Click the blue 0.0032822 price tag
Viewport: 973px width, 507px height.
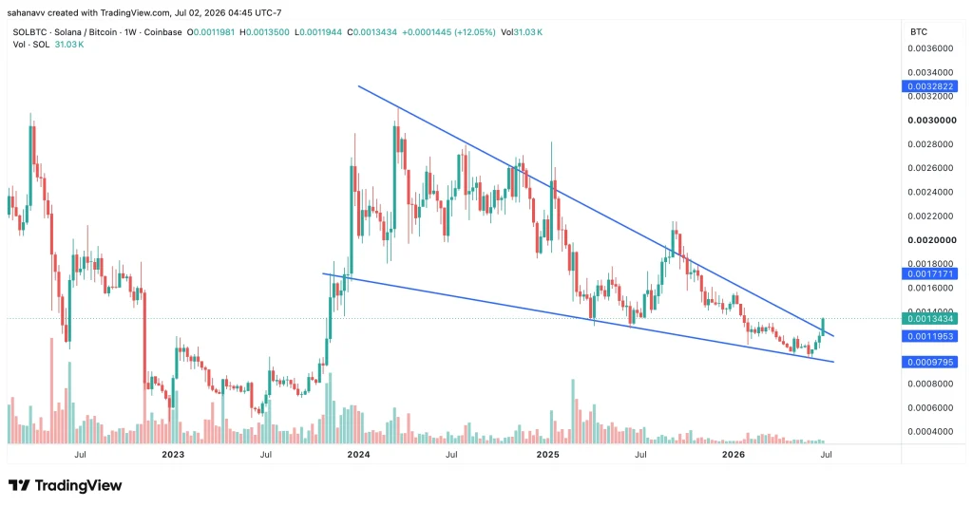[x=929, y=86]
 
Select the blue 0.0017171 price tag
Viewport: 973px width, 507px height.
[x=929, y=274]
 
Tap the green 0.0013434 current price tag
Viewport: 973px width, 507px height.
[x=929, y=319]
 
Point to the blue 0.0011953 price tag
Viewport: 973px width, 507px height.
[x=929, y=336]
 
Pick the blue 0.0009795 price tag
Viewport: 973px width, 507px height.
[x=929, y=362]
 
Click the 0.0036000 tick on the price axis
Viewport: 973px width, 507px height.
[x=930, y=48]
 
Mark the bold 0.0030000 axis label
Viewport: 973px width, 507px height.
[x=931, y=121]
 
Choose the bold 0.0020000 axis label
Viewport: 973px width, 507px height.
[x=931, y=240]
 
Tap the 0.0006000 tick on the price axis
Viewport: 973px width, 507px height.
[x=930, y=408]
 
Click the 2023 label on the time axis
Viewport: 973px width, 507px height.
[x=173, y=455]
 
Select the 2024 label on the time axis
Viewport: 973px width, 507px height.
[x=358, y=455]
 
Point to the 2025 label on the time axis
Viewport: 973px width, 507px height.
[x=548, y=455]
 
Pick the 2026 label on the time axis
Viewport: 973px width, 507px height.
[x=735, y=455]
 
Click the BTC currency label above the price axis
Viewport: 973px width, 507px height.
[x=919, y=31]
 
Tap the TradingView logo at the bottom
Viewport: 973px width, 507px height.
[x=66, y=485]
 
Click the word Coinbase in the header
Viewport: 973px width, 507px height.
[x=163, y=32]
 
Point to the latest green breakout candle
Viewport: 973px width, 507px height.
[x=824, y=326]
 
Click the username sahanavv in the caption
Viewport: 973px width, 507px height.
[x=26, y=12]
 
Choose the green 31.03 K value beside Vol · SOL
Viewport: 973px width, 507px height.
[x=68, y=45]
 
